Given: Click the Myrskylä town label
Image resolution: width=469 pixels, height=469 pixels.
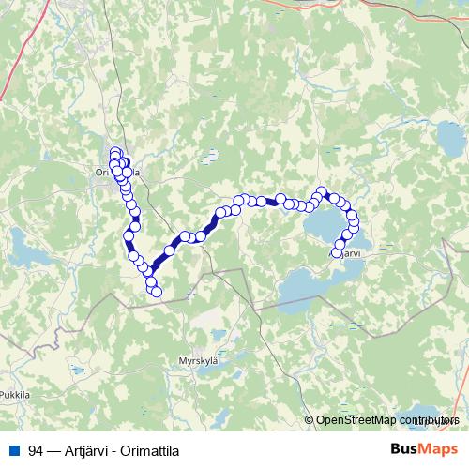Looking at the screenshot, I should pyautogui.click(x=197, y=359).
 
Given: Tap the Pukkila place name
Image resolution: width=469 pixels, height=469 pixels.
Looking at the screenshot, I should pyautogui.click(x=16, y=396).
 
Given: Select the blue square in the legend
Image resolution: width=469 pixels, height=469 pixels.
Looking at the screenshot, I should pyautogui.click(x=12, y=450).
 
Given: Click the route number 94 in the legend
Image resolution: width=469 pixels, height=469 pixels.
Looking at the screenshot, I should pyautogui.click(x=36, y=450).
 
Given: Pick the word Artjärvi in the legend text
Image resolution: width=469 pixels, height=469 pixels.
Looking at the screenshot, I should pyautogui.click(x=80, y=450).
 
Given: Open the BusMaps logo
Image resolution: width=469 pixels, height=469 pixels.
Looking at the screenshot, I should pyautogui.click(x=423, y=449).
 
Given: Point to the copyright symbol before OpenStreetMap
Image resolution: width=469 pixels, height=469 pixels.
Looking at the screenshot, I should pyautogui.click(x=309, y=421).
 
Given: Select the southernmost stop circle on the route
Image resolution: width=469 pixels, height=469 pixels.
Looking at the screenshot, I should pyautogui.click(x=157, y=293).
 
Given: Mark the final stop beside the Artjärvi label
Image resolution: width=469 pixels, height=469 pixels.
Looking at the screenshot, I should pyautogui.click(x=338, y=252).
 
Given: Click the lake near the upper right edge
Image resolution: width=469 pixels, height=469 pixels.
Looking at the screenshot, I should pyautogui.click(x=450, y=141).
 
